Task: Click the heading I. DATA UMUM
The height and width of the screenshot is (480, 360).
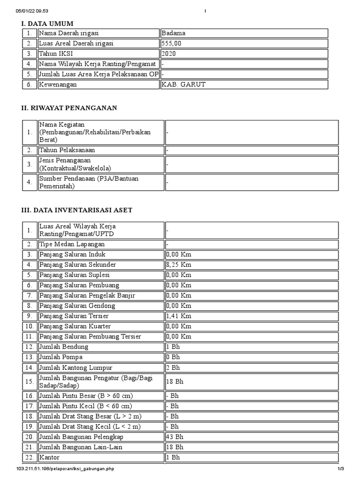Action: pyautogui.click(x=47, y=23)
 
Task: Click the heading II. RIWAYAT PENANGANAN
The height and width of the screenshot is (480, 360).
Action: pyautogui.click(x=69, y=108)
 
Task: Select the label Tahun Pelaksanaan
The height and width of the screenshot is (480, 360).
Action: pyautogui.click(x=67, y=150)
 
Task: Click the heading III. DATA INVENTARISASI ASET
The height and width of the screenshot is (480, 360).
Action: pyautogui.click(x=77, y=210)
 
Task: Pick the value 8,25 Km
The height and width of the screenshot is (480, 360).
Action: pyautogui.click(x=179, y=265)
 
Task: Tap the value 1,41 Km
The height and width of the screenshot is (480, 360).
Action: pyautogui.click(x=179, y=316)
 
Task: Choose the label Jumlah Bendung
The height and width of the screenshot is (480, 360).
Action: pyautogui.click(x=64, y=347)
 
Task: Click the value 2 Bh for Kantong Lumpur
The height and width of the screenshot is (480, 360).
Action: pyautogui.click(x=173, y=368)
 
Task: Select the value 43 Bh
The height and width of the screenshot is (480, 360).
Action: pyautogui.click(x=175, y=437)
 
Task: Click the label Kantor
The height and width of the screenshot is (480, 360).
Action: pyautogui.click(x=50, y=457)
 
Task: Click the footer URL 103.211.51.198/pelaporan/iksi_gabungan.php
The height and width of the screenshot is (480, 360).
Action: pyautogui.click(x=65, y=469)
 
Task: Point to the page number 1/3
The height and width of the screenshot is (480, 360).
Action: pyautogui.click(x=341, y=469)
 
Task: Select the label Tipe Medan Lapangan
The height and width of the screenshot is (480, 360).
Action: pyautogui.click(x=72, y=244)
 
